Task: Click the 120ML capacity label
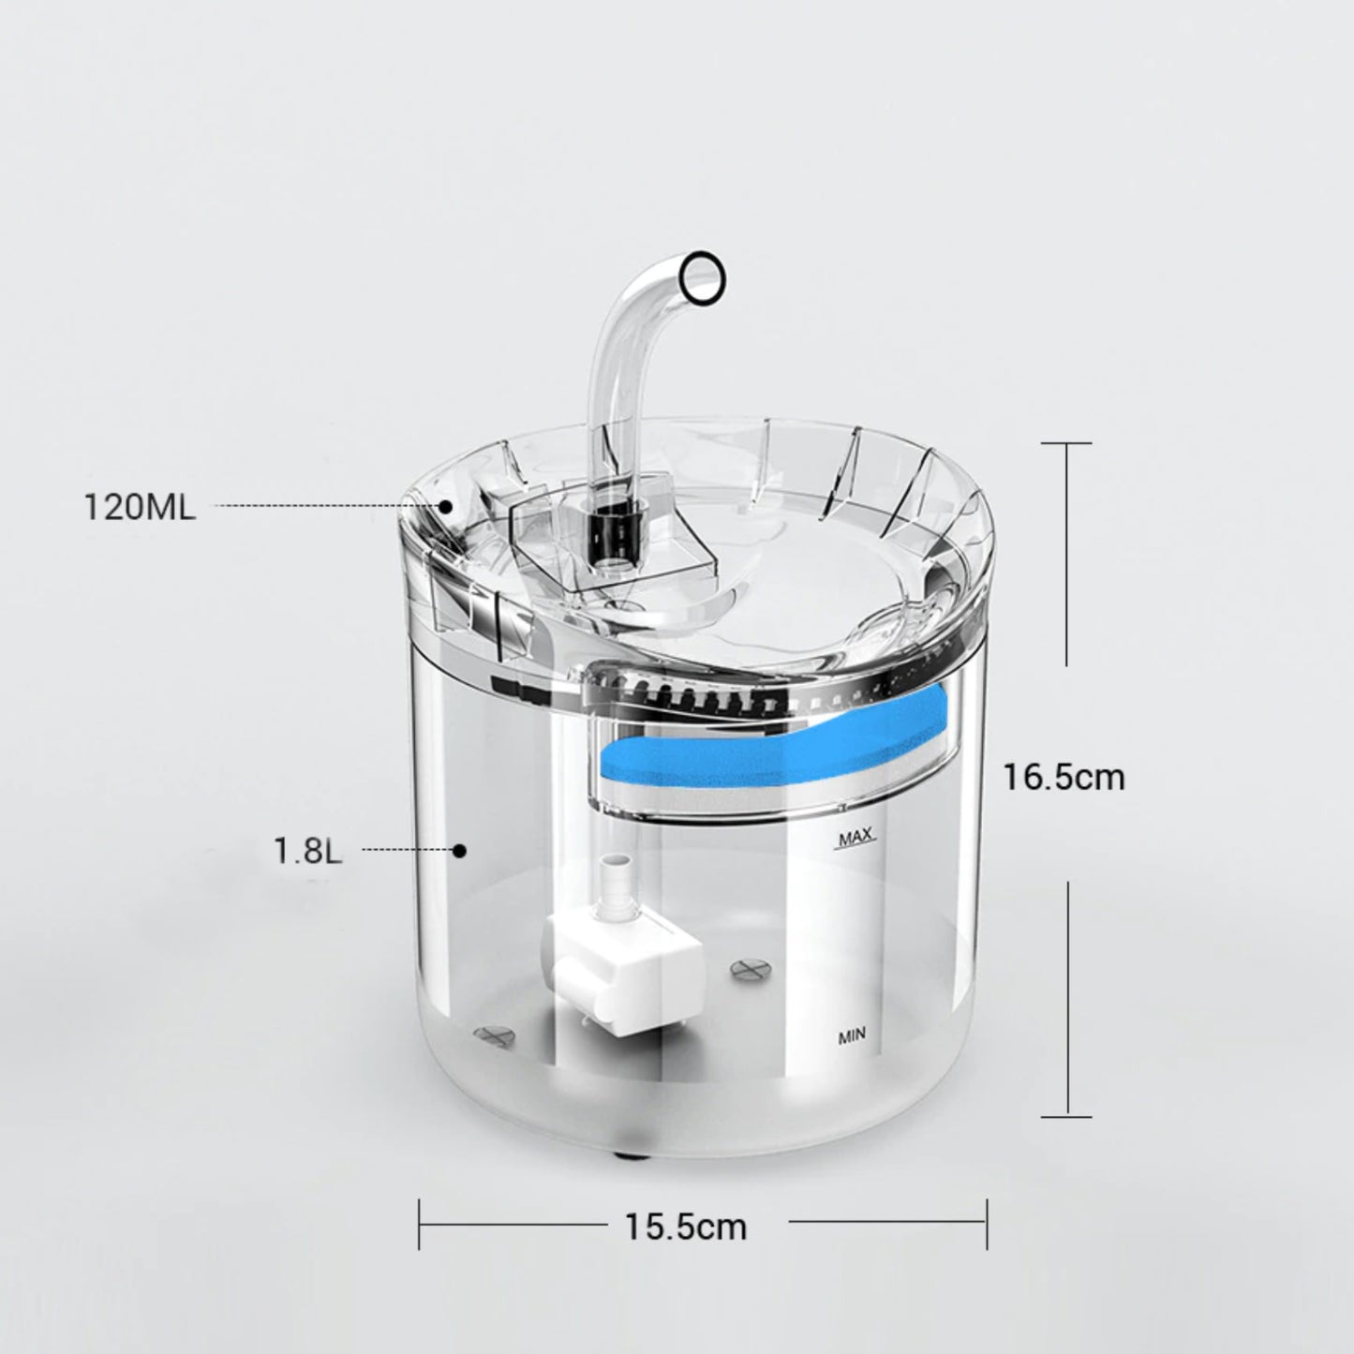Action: pyautogui.click(x=140, y=507)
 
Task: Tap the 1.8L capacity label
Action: pyautogui.click(x=308, y=851)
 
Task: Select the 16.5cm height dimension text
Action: pyautogui.click(x=1064, y=777)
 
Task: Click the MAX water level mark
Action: pyautogui.click(x=856, y=836)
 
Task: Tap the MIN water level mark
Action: pyautogui.click(x=853, y=1035)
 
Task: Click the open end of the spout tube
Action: pyautogui.click(x=704, y=278)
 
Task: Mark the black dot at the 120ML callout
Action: pyautogui.click(x=445, y=505)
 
